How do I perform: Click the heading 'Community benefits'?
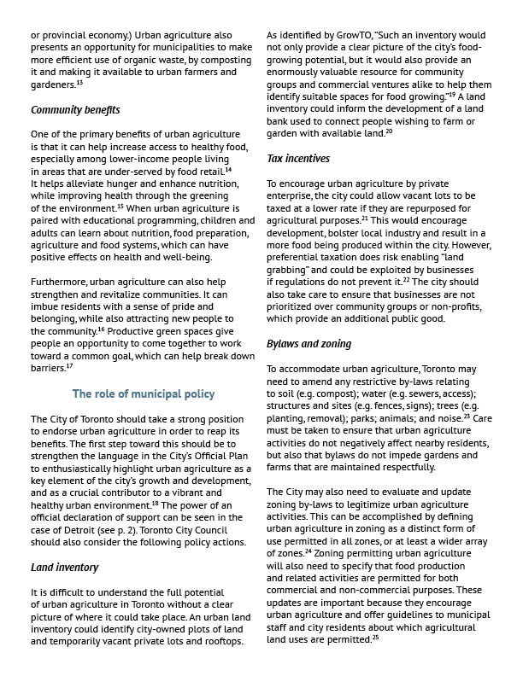(x=75, y=110)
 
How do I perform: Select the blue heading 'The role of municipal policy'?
(x=144, y=393)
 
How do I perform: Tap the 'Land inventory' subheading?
(x=65, y=567)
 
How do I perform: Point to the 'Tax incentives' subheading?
(x=298, y=159)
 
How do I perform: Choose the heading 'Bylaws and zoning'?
(x=309, y=344)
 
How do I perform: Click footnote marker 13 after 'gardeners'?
(x=79, y=84)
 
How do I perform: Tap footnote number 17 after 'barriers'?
(x=69, y=366)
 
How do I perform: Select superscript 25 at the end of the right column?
(x=376, y=638)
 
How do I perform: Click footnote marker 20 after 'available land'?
(x=389, y=132)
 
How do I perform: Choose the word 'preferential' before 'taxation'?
(x=298, y=257)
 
